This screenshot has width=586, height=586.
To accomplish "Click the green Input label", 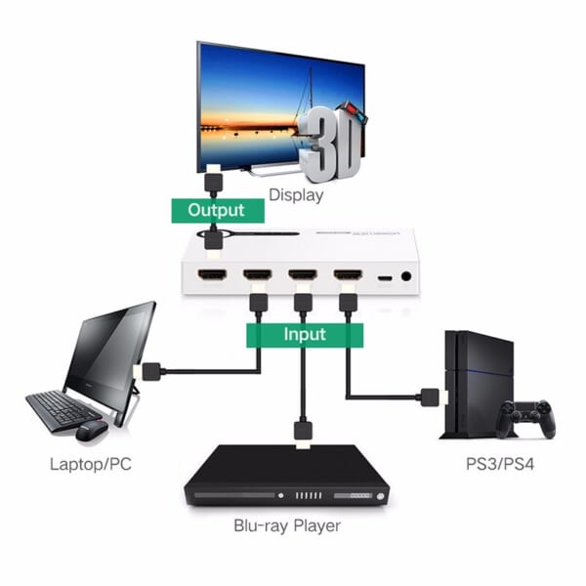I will (x=304, y=335).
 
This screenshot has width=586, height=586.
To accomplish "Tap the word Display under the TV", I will (x=295, y=194).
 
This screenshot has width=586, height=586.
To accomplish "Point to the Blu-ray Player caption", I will (x=287, y=526).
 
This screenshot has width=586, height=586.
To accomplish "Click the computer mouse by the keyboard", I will (x=91, y=430).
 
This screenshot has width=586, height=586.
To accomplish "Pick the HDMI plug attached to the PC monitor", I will (x=151, y=371).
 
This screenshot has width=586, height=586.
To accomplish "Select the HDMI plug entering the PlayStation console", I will (x=430, y=397).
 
